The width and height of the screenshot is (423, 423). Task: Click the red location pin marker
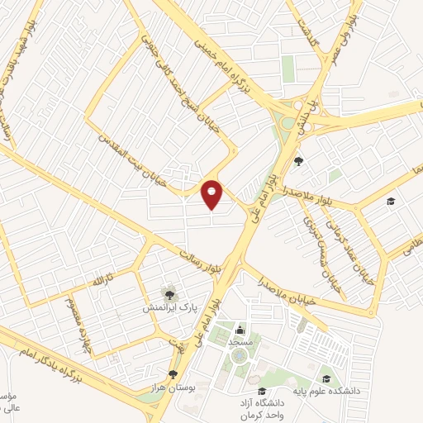pyautogui.click(x=212, y=194)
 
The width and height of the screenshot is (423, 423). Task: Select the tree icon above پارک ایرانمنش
pyautogui.click(x=169, y=293)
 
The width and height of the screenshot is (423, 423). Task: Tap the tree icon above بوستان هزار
pyautogui.click(x=172, y=374)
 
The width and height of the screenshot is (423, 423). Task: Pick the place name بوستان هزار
pyautogui.click(x=170, y=387)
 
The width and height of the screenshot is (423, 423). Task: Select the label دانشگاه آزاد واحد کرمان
pyautogui.click(x=261, y=407)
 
